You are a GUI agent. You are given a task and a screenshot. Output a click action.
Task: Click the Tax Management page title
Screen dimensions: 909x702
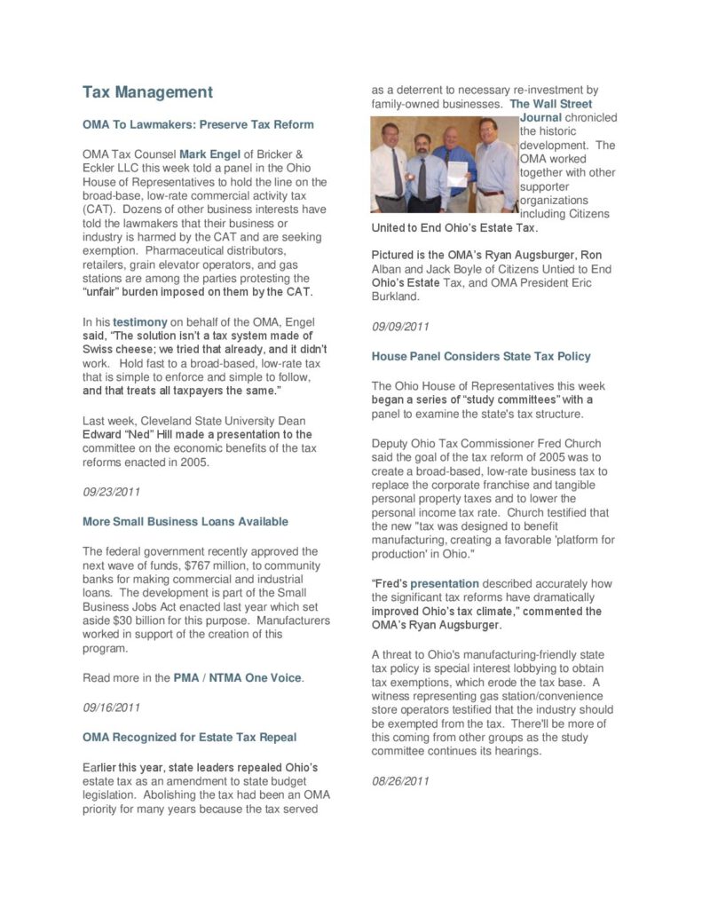[147, 92]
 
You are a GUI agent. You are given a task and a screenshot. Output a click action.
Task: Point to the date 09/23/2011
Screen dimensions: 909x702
[111, 491]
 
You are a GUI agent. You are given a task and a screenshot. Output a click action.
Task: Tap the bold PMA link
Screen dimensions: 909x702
[186, 678]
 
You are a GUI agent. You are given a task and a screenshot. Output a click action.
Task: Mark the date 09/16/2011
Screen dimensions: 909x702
[111, 707]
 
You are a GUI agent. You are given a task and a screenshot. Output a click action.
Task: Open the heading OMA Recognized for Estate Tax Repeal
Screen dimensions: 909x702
[189, 737]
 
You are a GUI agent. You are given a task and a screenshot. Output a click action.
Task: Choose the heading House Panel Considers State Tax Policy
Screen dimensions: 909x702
[480, 356]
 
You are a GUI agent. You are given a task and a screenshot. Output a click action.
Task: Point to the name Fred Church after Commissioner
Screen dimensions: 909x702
[569, 443]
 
